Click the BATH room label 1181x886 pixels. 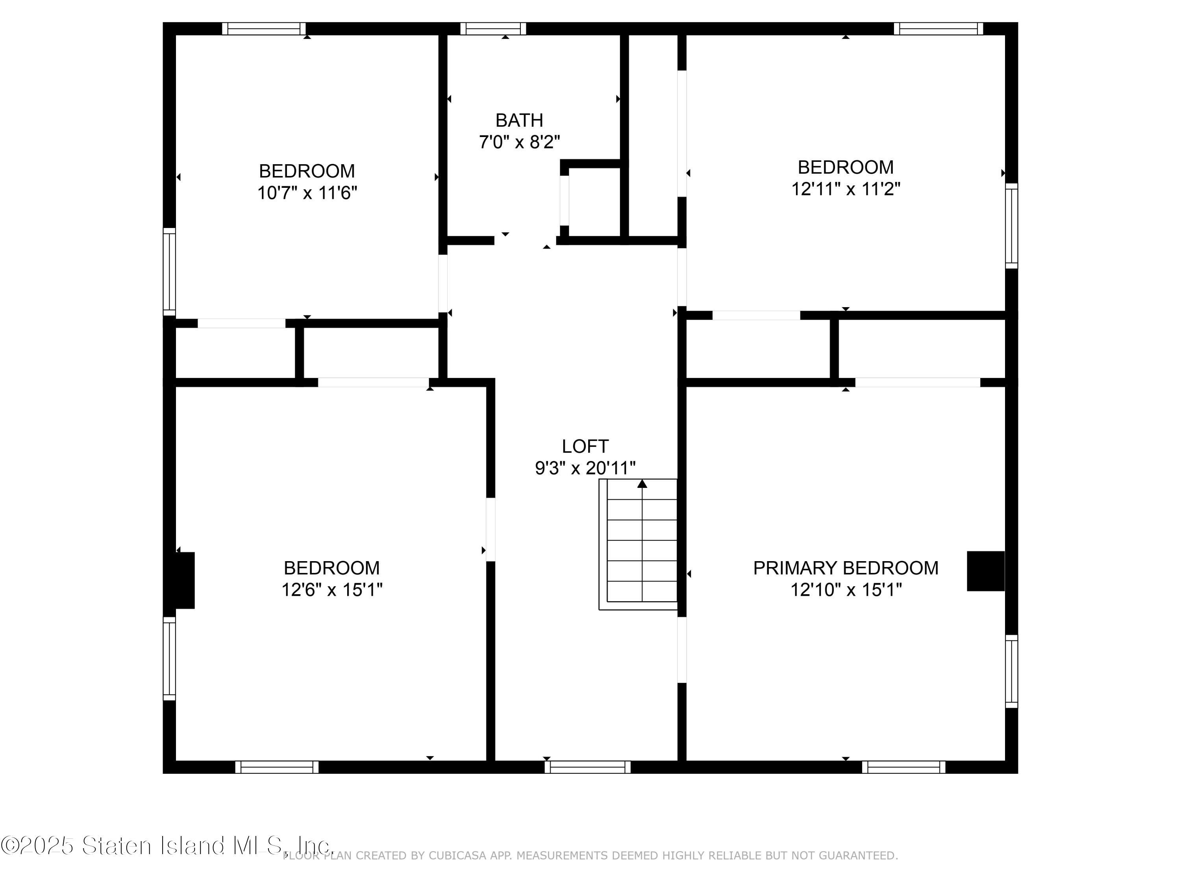[519, 120]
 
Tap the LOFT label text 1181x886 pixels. [585, 446]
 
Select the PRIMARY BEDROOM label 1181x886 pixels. [846, 568]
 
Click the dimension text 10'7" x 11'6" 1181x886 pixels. [307, 193]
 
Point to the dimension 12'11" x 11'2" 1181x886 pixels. [846, 189]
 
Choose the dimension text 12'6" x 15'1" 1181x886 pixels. [331, 589]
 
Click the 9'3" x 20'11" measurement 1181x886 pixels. [585, 468]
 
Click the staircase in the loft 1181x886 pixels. [638, 544]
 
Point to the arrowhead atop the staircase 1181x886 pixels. [642, 483]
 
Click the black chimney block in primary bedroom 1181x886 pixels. [986, 571]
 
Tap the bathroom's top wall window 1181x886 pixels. [493, 29]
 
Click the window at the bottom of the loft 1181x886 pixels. [587, 767]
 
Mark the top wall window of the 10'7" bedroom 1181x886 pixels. [264, 29]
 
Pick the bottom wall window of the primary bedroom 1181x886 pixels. [903, 767]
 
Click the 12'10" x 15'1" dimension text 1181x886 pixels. [846, 589]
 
